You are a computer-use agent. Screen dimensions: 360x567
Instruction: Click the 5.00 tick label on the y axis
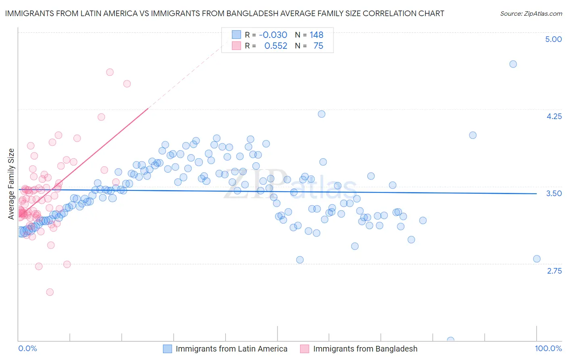(x=553, y=39)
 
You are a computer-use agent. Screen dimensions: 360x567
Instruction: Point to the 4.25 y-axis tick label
(x=554, y=116)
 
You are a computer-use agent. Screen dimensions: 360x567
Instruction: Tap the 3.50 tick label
(x=554, y=193)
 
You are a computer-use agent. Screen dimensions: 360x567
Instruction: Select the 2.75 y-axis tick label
(x=554, y=271)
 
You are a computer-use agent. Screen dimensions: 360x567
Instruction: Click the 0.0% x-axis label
(x=27, y=348)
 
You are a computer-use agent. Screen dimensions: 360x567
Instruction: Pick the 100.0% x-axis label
(x=548, y=348)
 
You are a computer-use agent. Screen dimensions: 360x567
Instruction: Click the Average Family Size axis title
(x=11, y=184)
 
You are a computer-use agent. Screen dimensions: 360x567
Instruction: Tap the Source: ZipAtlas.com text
(x=531, y=13)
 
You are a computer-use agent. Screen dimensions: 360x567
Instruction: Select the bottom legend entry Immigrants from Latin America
(x=231, y=349)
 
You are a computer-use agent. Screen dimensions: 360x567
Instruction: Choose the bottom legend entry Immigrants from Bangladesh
(x=365, y=349)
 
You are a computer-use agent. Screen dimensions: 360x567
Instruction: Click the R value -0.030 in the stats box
(x=273, y=35)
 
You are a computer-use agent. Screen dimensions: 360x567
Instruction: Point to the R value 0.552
(x=276, y=46)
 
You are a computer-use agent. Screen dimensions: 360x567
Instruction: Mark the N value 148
(x=317, y=35)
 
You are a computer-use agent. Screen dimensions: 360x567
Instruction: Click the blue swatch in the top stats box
(x=236, y=35)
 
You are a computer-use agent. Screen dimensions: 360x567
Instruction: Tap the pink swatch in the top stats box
(x=236, y=46)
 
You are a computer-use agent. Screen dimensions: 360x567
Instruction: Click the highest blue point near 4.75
(x=513, y=64)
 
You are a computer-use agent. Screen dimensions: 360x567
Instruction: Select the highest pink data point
(x=110, y=72)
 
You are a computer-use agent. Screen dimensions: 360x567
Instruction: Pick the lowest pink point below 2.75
(x=50, y=292)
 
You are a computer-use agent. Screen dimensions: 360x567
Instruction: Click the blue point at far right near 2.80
(x=537, y=259)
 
